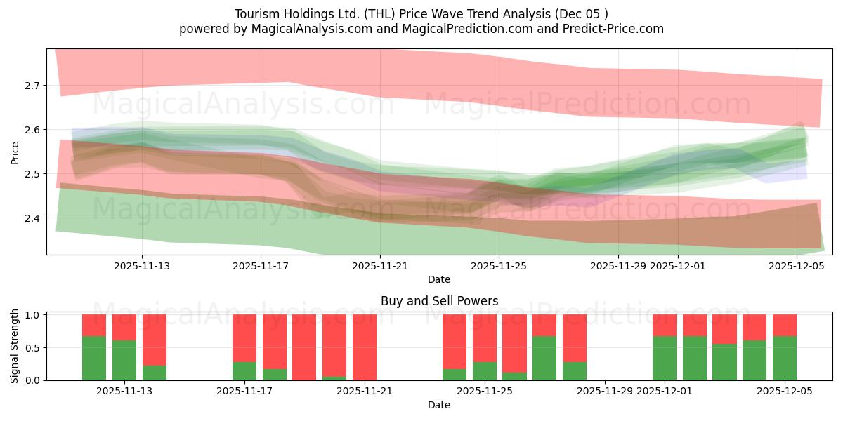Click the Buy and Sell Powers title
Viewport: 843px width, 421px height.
coord(439,301)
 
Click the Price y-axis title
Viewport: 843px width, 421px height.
coord(15,152)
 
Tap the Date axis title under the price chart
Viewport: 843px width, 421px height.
coord(439,279)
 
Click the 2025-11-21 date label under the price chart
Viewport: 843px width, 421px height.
coord(380,266)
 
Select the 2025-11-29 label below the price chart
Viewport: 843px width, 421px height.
coord(617,266)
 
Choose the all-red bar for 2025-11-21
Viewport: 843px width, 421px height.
coord(365,347)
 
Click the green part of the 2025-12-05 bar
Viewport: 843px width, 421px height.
coord(785,358)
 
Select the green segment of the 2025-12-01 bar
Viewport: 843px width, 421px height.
coord(665,358)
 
